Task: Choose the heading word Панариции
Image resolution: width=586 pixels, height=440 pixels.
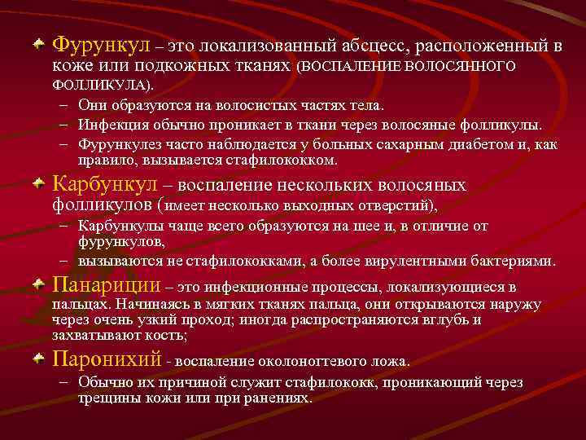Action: click(106, 286)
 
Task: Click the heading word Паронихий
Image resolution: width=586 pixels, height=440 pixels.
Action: click(106, 359)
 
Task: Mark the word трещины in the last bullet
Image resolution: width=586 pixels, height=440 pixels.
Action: click(106, 398)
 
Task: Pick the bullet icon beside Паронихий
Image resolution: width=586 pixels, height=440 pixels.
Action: click(38, 358)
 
